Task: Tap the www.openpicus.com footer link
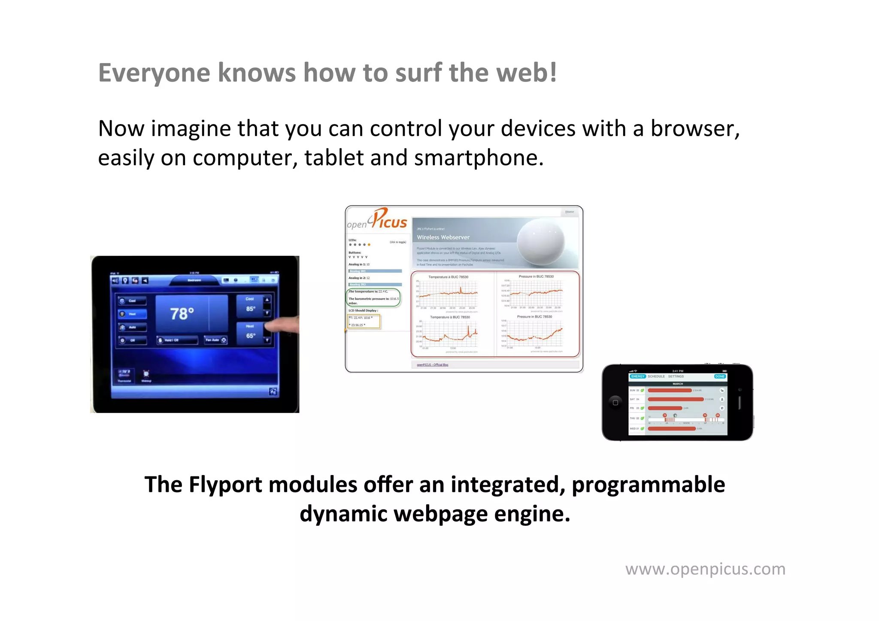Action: tap(705, 569)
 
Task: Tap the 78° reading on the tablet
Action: tap(182, 313)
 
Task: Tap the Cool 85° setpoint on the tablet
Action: tap(250, 305)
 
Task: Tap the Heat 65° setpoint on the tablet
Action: tap(250, 333)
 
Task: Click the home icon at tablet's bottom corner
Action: tap(273, 391)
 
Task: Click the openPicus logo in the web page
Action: tap(377, 220)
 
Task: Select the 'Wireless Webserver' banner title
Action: tap(443, 237)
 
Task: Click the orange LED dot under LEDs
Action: tap(369, 245)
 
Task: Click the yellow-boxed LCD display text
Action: tap(363, 321)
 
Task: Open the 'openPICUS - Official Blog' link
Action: tap(432, 365)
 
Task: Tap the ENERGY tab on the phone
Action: tap(637, 376)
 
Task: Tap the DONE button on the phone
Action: tap(719, 376)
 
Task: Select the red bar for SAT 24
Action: tap(675, 399)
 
